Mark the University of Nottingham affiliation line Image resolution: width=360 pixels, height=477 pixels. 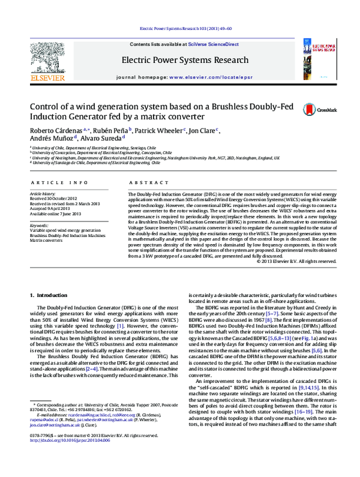[x=156, y=158]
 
